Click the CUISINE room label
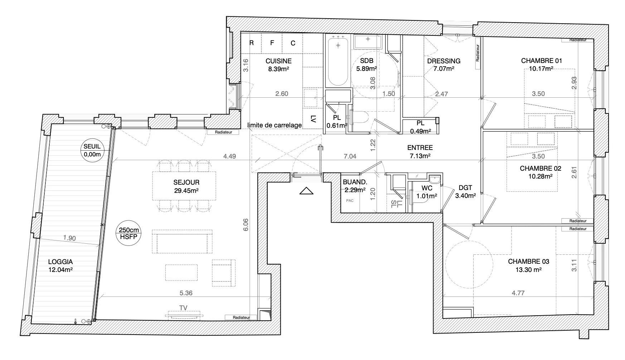tap(278, 61)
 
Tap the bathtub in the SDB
tap(338, 62)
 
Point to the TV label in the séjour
tap(184, 307)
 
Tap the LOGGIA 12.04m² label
tap(60, 266)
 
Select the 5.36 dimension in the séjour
tap(186, 293)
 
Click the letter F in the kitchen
tap(272, 43)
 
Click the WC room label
tap(427, 188)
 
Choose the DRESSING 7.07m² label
tap(444, 64)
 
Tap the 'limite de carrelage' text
tap(275, 125)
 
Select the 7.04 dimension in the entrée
tap(349, 156)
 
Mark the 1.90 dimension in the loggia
tap(69, 238)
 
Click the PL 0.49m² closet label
tap(420, 127)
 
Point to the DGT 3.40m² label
tap(465, 191)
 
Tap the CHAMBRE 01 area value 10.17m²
tap(542, 69)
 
